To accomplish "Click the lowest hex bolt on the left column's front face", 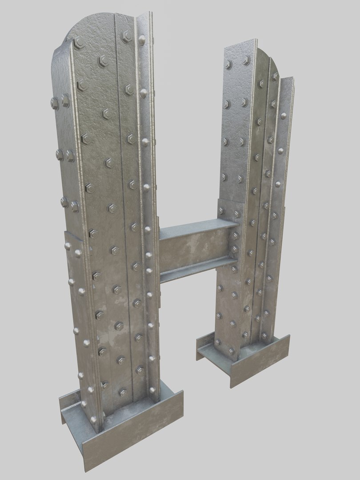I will click(122, 392).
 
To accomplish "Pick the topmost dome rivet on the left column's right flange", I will click(141, 40).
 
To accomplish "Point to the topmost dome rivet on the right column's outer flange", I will click(283, 116).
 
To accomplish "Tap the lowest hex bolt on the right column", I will click(231, 351).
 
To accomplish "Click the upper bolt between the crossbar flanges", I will click(234, 236).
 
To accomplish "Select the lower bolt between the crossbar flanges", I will click(234, 249).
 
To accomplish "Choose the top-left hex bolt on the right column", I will click(228, 65).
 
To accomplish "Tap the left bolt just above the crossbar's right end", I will click(222, 211).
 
